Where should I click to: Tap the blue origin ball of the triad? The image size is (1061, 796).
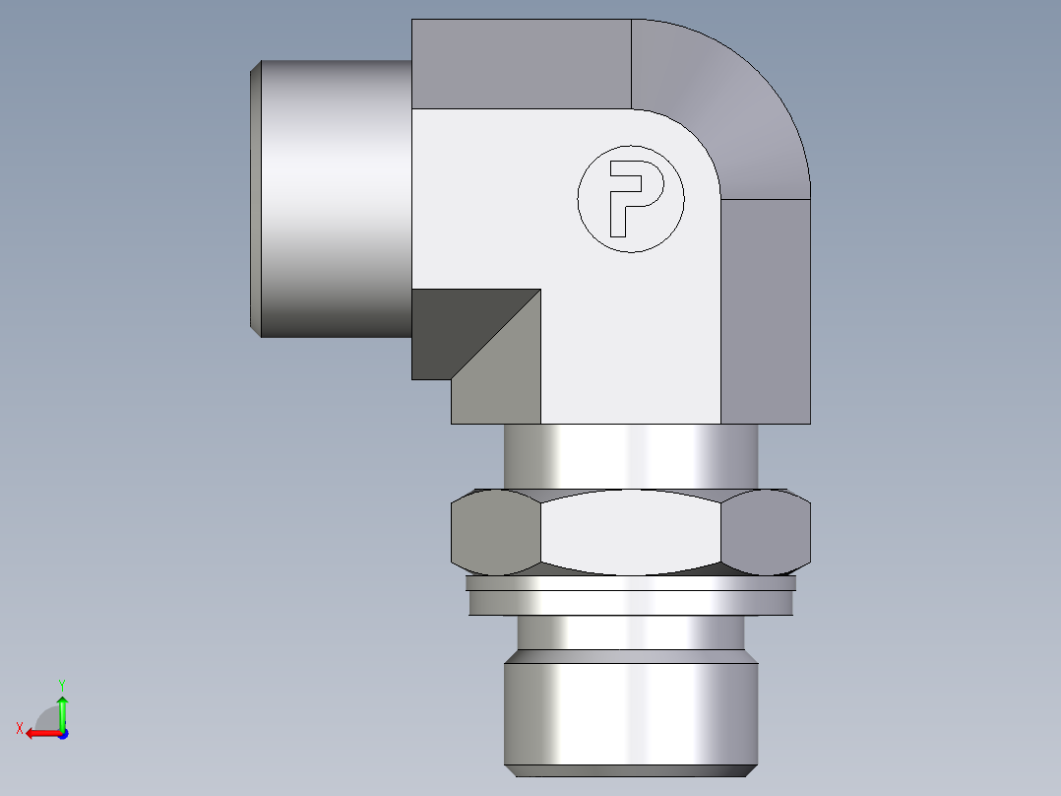pos(62,733)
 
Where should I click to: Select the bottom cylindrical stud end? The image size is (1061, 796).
pos(630,714)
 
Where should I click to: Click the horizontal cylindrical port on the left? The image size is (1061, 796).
pos(335,197)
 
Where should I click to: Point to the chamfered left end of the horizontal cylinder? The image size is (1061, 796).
pos(255,197)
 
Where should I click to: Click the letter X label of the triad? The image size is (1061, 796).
pos(20,728)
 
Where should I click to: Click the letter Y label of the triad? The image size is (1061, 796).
pos(61,684)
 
